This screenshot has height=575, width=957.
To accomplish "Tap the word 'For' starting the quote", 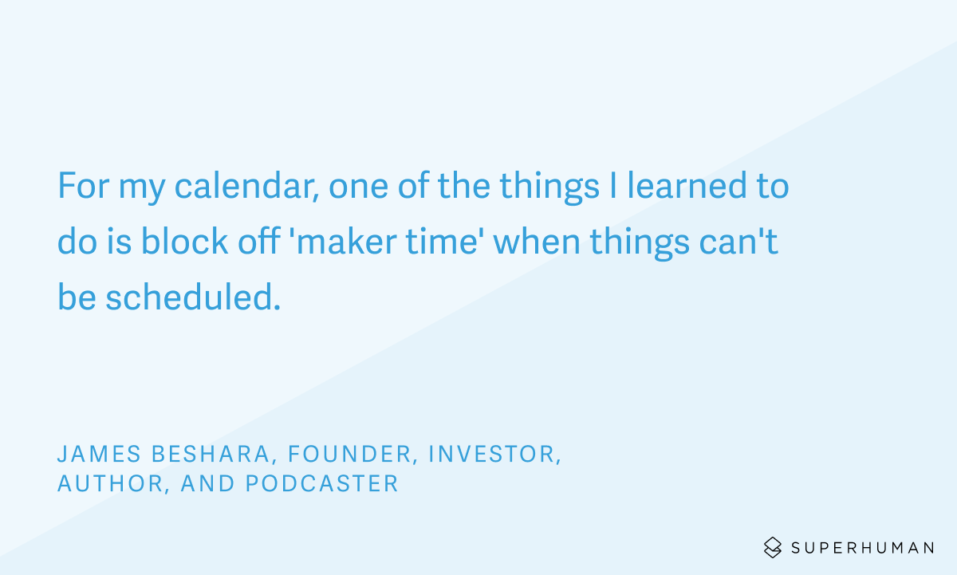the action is tap(84, 186).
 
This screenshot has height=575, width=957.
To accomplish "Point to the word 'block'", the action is tap(184, 242).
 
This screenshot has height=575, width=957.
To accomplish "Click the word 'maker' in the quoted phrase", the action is tap(347, 242).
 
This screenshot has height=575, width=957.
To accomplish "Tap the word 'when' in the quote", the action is tap(537, 242).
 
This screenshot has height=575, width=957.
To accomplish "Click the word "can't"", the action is tap(738, 242).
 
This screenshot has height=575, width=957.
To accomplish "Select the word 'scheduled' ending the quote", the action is tap(189, 297).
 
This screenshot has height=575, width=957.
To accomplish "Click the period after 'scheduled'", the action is tap(277, 307).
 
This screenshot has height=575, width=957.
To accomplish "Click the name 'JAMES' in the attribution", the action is tap(99, 454).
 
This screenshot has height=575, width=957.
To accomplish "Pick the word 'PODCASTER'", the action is tap(322, 483).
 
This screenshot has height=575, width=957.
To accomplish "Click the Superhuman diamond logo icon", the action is tap(773, 547).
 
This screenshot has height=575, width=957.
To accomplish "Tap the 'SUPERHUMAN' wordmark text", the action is tap(863, 548).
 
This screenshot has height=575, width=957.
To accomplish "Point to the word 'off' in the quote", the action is tap(259, 241).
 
